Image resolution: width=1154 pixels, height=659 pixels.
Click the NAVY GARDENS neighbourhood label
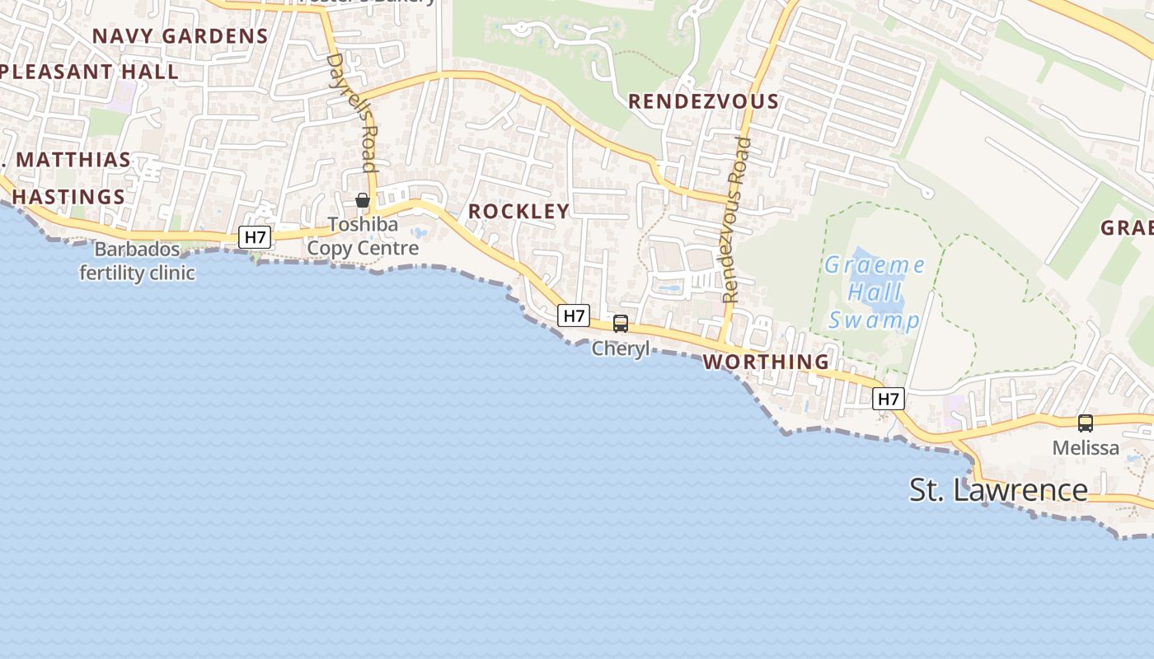click(x=181, y=36)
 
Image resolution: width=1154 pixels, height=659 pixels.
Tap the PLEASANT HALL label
click(x=89, y=72)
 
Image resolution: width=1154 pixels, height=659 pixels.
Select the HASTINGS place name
click(x=68, y=197)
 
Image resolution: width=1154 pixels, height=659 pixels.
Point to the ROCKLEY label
click(x=519, y=211)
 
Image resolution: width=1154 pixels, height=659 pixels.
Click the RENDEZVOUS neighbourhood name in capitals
click(x=703, y=101)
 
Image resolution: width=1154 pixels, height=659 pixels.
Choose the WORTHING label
click(x=766, y=362)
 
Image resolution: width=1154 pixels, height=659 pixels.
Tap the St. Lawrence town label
click(x=998, y=489)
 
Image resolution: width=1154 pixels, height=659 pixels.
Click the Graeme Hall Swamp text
click(x=874, y=292)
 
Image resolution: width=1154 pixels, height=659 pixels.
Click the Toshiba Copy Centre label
click(x=363, y=236)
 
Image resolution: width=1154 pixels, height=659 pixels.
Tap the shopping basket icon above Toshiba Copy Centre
click(x=362, y=200)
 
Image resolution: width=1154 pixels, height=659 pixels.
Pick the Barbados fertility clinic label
click(x=137, y=261)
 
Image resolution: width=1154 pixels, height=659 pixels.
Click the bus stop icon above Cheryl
click(x=621, y=324)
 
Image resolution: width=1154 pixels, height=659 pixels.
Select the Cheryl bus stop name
click(x=621, y=348)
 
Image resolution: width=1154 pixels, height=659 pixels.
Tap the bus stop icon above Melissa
click(x=1086, y=423)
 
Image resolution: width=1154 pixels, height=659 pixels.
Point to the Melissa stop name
click(x=1086, y=448)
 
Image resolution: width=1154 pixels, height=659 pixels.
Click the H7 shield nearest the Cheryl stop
click(x=574, y=315)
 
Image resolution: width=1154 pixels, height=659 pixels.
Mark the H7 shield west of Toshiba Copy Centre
click(x=256, y=238)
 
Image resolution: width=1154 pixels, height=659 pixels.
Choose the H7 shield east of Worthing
click(x=889, y=400)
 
